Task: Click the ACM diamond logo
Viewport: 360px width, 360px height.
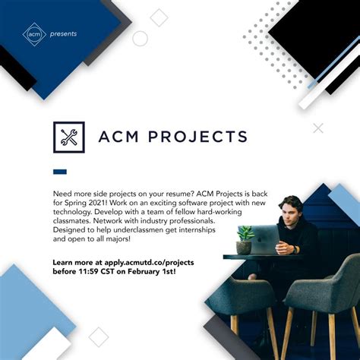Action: [32, 33]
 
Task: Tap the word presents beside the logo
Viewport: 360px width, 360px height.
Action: [64, 33]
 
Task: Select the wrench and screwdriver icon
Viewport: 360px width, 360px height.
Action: [68, 137]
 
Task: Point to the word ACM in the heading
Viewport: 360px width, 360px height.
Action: [121, 137]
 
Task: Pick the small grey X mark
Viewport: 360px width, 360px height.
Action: [318, 128]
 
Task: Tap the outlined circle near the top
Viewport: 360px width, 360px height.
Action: [140, 39]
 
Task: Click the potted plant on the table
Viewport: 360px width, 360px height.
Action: [245, 240]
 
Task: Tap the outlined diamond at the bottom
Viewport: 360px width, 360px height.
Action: [98, 336]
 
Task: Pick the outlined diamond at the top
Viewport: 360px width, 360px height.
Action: [159, 17]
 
